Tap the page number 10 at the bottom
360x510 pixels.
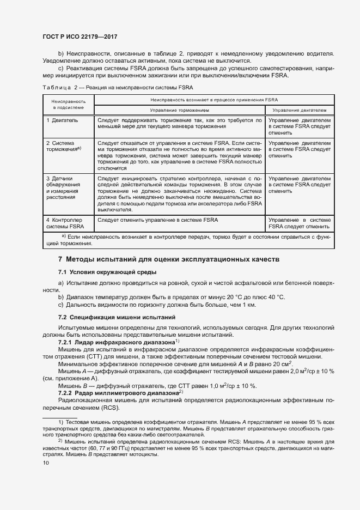pos(46,463)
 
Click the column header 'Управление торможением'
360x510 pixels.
pos(179,110)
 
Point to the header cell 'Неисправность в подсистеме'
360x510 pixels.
pos(68,105)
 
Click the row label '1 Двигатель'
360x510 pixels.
pos(62,119)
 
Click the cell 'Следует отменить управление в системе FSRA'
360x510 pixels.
pos(157,220)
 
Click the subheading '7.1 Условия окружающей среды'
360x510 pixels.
pos(107,272)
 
